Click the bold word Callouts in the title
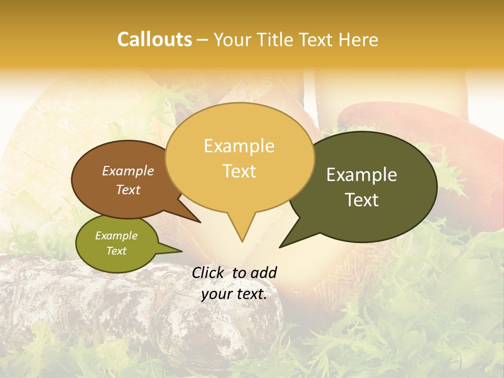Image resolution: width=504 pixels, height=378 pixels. [x=154, y=40]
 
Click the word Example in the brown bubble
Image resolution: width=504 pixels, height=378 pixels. [x=128, y=171]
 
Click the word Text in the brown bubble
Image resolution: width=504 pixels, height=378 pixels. [x=128, y=190]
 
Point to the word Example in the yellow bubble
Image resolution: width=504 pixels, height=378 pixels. [x=239, y=146]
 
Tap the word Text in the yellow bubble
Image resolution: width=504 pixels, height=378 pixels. [x=239, y=171]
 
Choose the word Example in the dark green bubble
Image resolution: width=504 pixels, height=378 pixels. [x=362, y=175]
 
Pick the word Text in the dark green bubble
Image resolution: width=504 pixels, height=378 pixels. [x=362, y=200]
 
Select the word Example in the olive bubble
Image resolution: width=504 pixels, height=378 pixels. [x=116, y=236]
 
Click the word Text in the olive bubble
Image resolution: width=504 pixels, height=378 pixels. [x=116, y=251]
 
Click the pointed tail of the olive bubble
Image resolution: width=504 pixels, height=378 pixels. [x=181, y=251]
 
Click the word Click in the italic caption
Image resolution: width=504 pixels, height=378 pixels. [x=209, y=272]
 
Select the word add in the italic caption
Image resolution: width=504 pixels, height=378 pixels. [x=264, y=272]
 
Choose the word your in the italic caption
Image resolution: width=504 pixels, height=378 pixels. [x=216, y=294]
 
